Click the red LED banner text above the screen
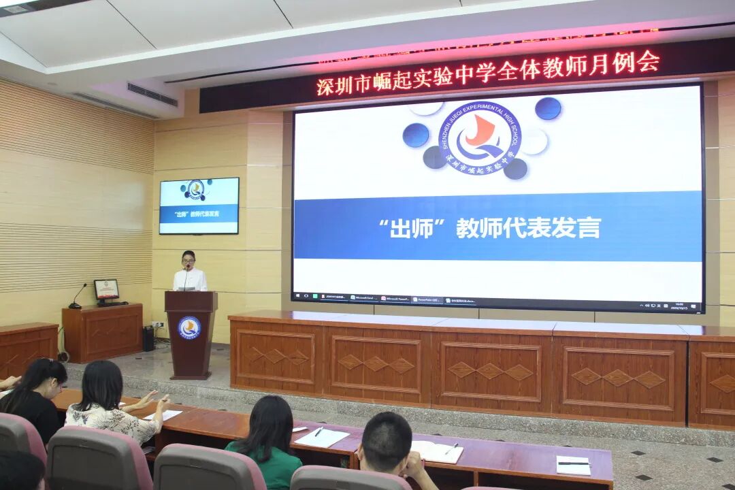point(487,72)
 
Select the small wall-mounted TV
point(199,206)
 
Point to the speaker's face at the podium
point(189,259)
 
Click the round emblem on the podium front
point(189,327)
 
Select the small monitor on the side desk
point(106,290)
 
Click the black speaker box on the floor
point(148,338)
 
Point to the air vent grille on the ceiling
point(152,95)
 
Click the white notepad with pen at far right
point(573,465)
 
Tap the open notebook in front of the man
point(436,451)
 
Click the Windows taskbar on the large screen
point(497,300)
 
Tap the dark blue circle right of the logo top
point(548,109)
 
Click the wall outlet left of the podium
point(157,325)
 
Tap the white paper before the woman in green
point(321,438)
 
